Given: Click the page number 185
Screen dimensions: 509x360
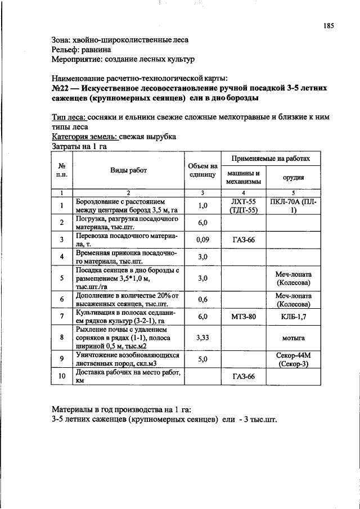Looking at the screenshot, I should (328, 25).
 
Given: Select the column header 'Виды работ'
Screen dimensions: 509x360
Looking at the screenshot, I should (128, 170).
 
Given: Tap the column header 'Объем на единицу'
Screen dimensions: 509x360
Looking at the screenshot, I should (202, 170).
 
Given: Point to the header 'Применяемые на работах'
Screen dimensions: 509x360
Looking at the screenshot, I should (270, 159).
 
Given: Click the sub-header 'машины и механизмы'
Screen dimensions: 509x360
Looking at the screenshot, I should (242, 177).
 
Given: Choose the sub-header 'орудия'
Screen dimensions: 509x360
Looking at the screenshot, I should (292, 177).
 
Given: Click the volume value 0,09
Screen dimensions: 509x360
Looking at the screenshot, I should (202, 240).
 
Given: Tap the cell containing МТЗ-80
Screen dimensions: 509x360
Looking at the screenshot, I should (244, 317).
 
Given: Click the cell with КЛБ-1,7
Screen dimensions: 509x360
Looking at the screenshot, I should (292, 317).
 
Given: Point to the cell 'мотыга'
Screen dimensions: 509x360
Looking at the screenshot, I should (292, 338).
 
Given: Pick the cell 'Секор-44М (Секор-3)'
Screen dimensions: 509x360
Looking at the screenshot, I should (292, 360).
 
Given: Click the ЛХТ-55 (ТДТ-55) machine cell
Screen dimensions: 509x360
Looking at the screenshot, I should (244, 205).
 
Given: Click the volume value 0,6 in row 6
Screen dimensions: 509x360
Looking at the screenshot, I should (202, 299).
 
